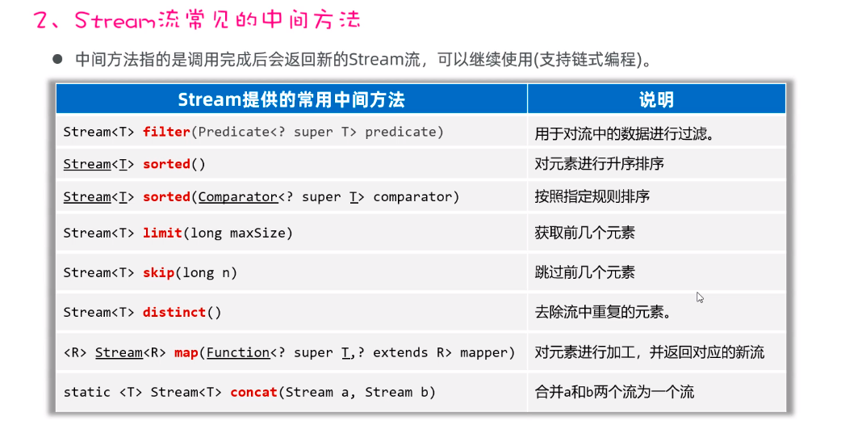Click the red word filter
pos(166,132)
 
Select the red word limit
pos(162,233)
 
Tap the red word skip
pos(158,272)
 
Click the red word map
pos(186,352)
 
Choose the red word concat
pos(253,392)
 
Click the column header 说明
pos(656,99)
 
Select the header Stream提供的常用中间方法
pos(291,99)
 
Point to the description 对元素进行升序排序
pos(599,164)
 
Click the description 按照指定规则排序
pos(592,196)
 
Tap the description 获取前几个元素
pos(584,233)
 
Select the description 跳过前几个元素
pos(584,272)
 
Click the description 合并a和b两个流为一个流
pos(613,392)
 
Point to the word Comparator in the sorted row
pos(237,196)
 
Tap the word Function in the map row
pos(238,352)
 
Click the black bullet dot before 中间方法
pos(57,59)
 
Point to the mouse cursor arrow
pos(699,297)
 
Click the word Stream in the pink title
pos(112,20)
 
